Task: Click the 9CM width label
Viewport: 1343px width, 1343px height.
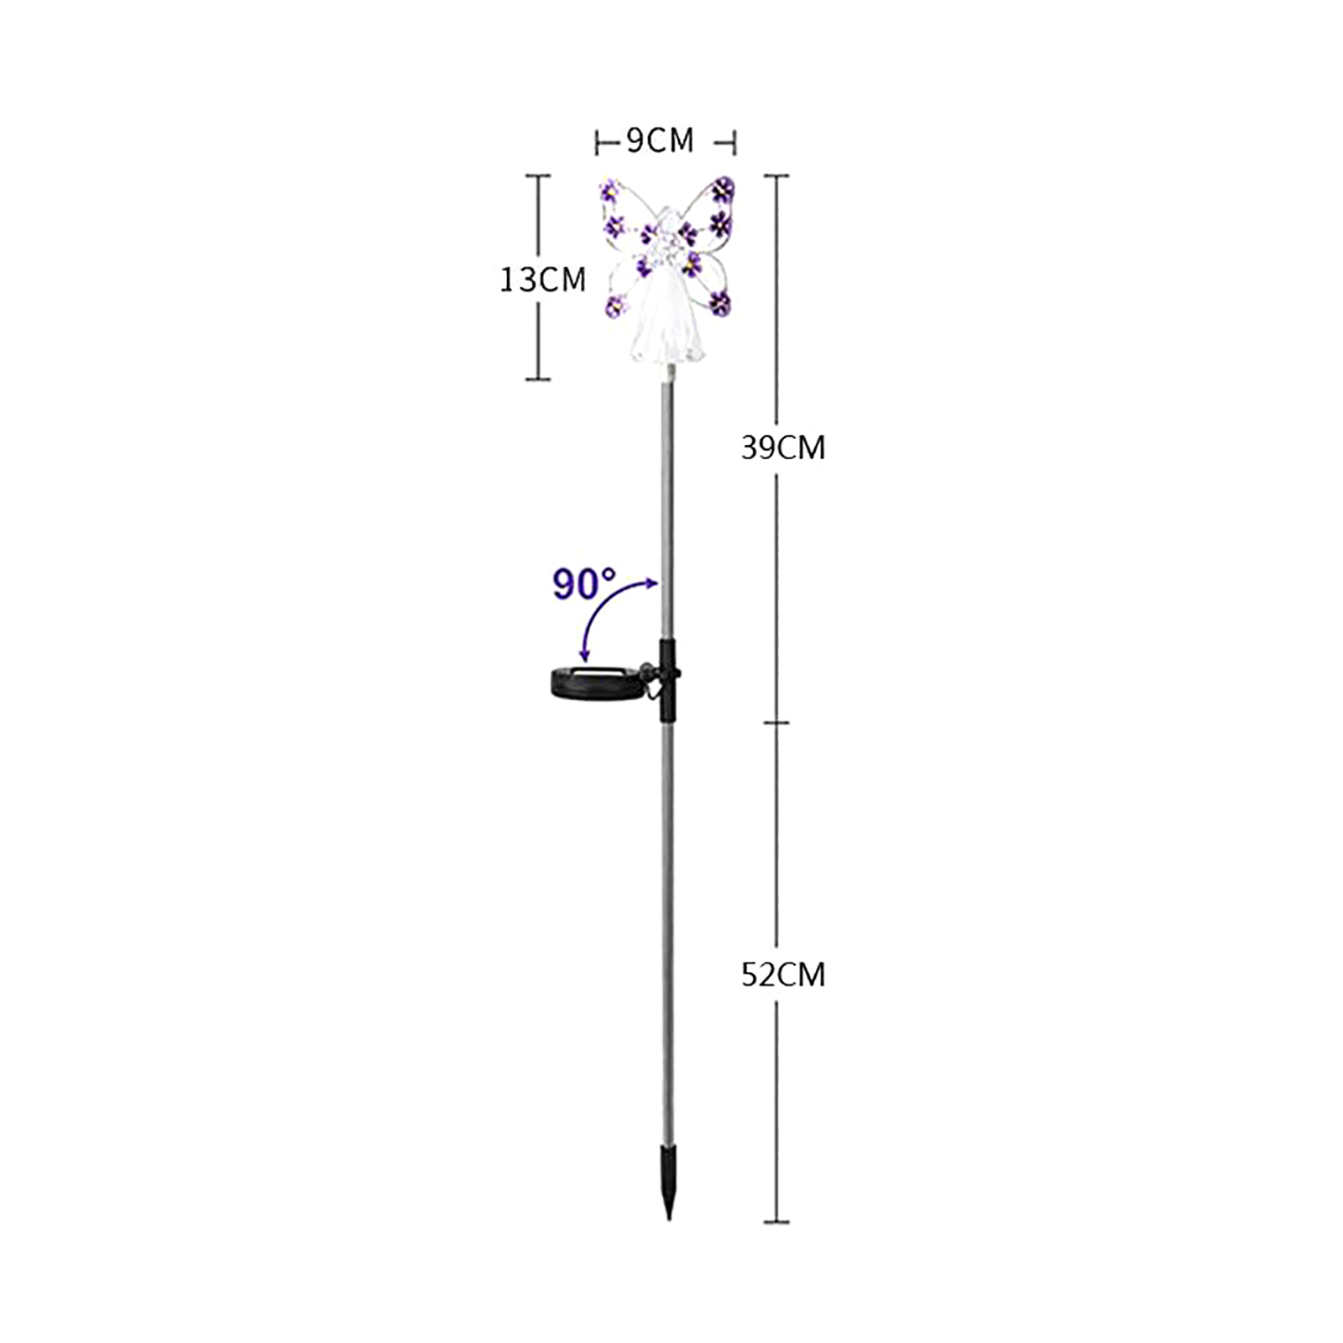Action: click(661, 141)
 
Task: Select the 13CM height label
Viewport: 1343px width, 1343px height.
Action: click(542, 280)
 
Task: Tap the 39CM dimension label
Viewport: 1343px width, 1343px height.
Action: click(783, 448)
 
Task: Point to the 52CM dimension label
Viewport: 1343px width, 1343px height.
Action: click(783, 975)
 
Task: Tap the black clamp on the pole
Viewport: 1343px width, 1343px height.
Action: click(667, 678)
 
